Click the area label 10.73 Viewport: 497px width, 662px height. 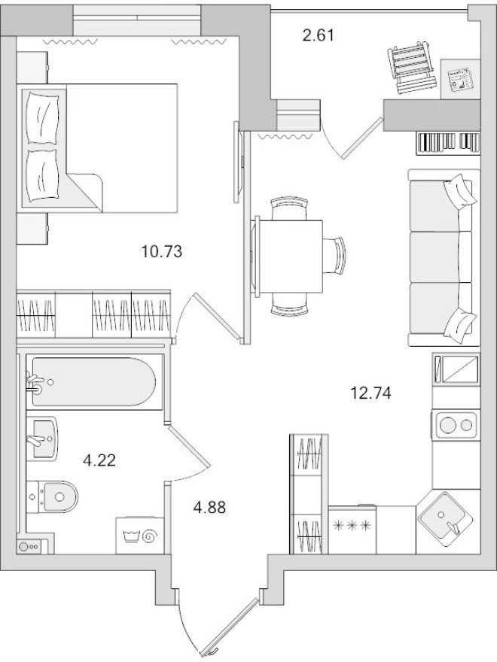point(163,250)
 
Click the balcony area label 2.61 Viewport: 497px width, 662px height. point(317,35)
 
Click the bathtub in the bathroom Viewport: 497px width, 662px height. point(94,383)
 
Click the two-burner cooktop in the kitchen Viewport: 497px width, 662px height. point(457,425)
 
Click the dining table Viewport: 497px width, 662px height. point(291,256)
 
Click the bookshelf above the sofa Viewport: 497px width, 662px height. point(447,141)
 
